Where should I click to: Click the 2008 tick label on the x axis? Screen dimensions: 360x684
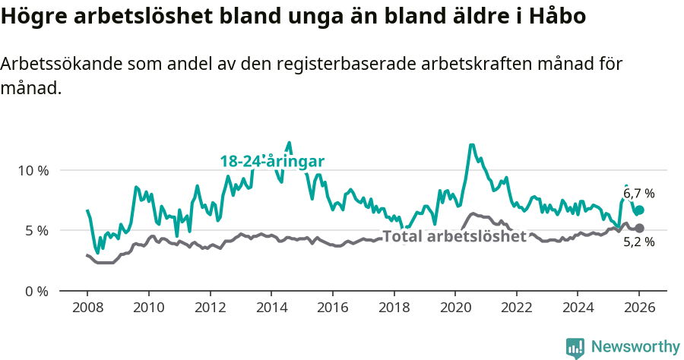click(x=87, y=309)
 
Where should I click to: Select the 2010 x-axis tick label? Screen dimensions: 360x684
click(x=148, y=309)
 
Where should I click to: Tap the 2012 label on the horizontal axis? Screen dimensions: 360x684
click(x=210, y=309)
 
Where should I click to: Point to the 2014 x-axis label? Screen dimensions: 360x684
click(x=271, y=309)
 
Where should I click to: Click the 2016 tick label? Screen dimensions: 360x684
click(x=332, y=309)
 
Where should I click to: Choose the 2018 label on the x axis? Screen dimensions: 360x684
click(x=394, y=309)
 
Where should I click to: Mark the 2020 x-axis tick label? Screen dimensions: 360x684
click(x=455, y=309)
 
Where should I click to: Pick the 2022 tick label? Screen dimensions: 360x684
click(x=516, y=309)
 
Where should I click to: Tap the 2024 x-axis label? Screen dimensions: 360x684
click(x=578, y=309)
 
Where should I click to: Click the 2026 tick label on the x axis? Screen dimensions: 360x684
click(x=639, y=309)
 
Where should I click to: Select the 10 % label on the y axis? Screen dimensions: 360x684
click(x=32, y=170)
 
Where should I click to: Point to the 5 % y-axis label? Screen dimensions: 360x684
click(x=36, y=231)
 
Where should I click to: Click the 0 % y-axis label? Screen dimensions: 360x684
click(x=36, y=291)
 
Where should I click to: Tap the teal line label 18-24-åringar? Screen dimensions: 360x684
click(x=272, y=161)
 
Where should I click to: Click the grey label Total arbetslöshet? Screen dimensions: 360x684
click(x=454, y=236)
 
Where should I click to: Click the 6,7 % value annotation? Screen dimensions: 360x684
click(x=638, y=194)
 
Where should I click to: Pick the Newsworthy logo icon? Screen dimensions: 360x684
click(x=575, y=348)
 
